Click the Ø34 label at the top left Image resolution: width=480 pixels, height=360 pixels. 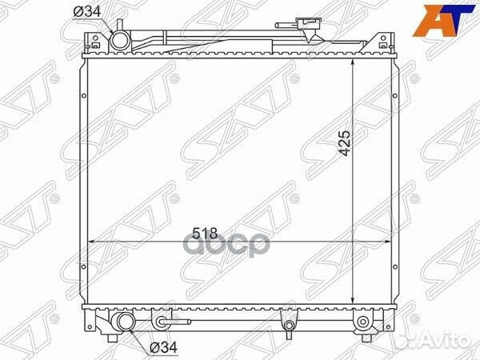87,12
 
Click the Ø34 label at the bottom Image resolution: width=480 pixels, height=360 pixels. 164,347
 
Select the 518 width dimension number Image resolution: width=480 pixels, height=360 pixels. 205,234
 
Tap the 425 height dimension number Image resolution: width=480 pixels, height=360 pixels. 345,143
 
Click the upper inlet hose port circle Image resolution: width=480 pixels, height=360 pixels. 120,41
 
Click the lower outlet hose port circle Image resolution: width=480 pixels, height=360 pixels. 126,322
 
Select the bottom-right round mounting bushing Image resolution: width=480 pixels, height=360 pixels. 362,322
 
